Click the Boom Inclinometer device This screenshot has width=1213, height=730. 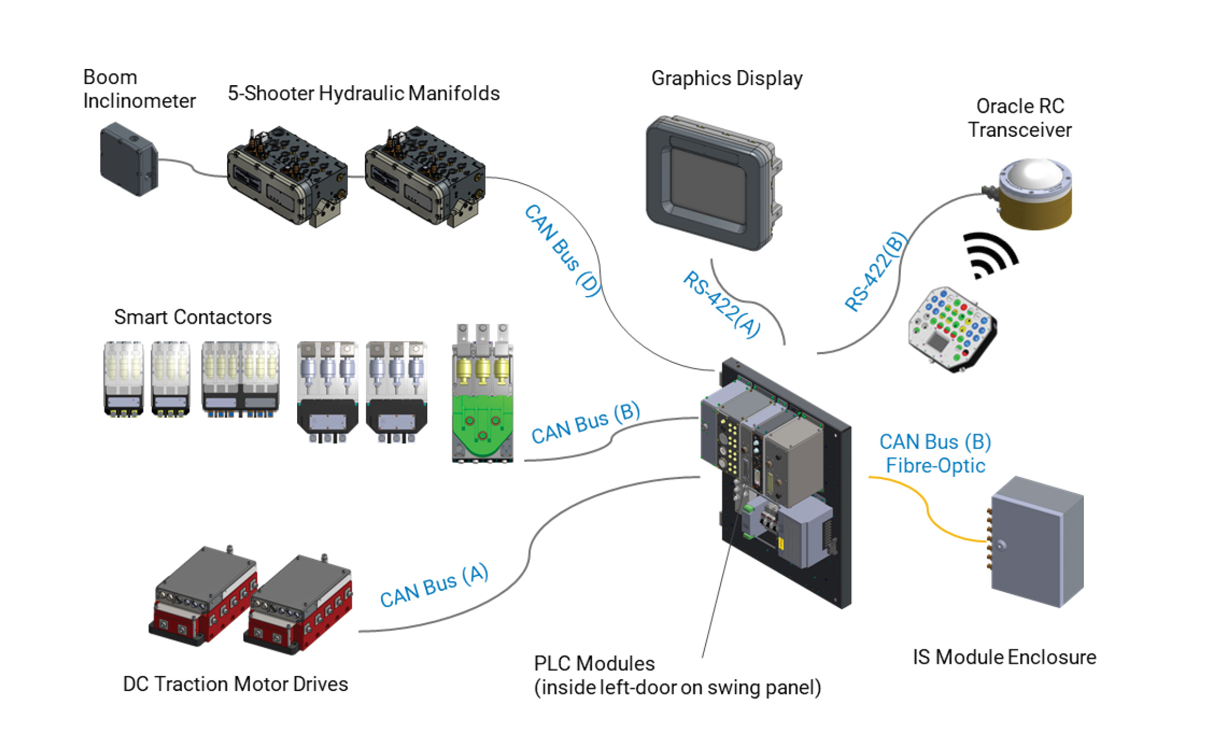click(129, 159)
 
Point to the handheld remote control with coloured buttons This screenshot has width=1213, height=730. click(951, 328)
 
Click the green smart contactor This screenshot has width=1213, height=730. click(482, 423)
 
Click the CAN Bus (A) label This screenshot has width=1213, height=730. click(434, 585)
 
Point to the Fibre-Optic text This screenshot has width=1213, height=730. click(935, 466)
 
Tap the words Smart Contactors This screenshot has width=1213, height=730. click(193, 317)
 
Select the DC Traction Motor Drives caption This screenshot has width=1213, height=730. click(235, 684)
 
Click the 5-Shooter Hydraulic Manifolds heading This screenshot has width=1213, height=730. click(363, 93)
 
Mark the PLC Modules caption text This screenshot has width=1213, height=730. click(594, 664)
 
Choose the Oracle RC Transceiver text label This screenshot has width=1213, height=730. click(1020, 118)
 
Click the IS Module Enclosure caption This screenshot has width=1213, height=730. click(1004, 657)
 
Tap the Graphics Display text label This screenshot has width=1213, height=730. click(727, 78)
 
